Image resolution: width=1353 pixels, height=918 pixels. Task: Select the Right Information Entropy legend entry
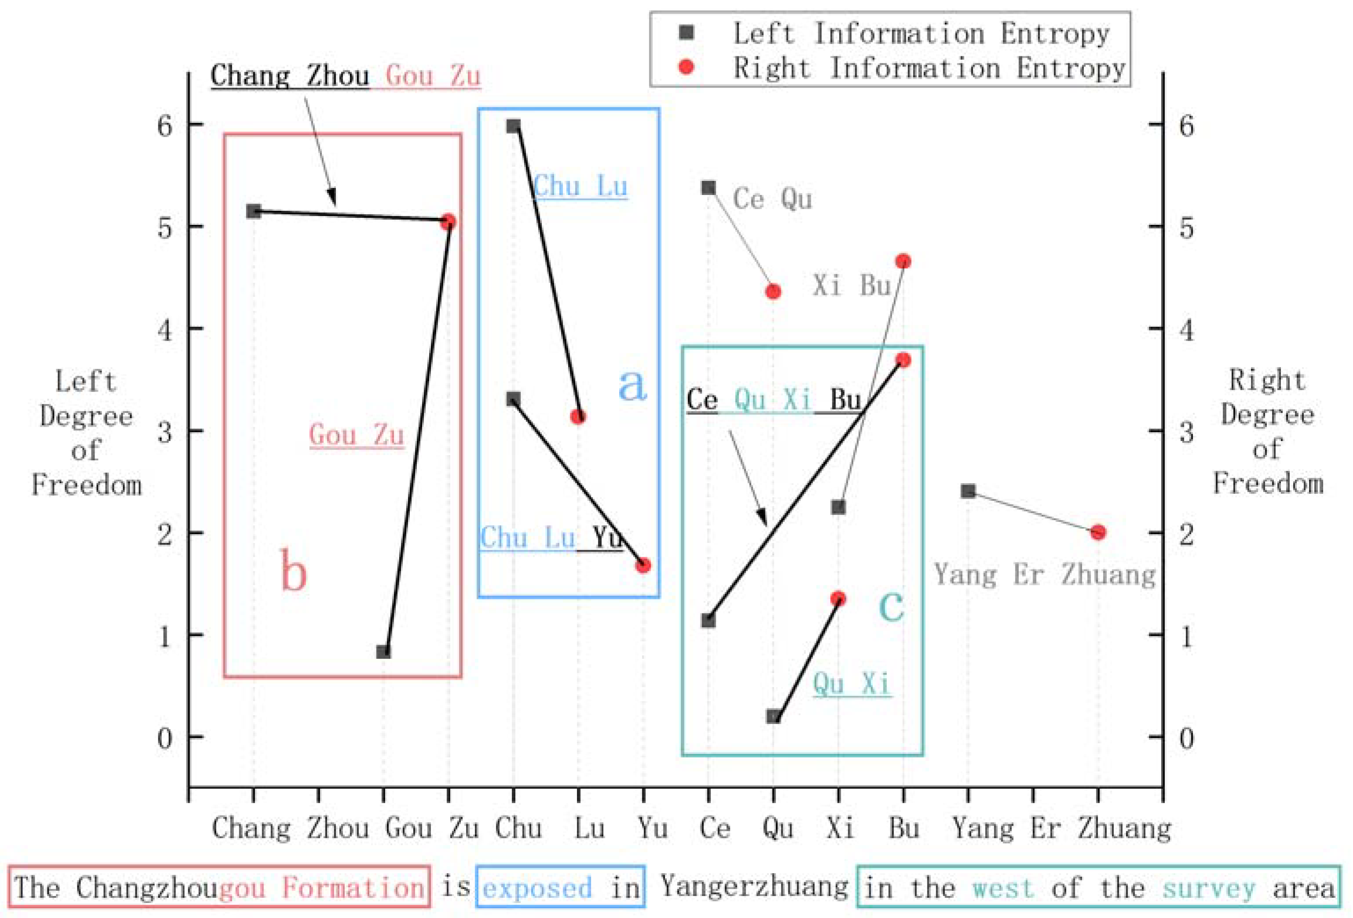(x=929, y=68)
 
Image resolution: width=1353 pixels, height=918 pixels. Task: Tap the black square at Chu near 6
(x=513, y=126)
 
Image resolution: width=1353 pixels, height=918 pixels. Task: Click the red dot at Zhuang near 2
(x=1098, y=532)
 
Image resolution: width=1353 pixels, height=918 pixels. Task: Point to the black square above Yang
(x=968, y=491)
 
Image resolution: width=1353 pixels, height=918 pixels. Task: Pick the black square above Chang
(x=253, y=211)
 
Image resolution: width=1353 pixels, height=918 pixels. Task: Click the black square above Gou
(x=383, y=652)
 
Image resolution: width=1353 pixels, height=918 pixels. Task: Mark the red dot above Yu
(x=643, y=565)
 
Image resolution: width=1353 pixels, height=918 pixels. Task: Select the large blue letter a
(x=632, y=385)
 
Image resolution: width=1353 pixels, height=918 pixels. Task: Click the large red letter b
(x=293, y=571)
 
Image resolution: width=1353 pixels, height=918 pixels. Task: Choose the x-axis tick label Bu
(x=903, y=828)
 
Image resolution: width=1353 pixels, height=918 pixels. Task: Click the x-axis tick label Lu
(x=589, y=828)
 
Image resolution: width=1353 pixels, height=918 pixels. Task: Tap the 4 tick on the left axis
(x=165, y=330)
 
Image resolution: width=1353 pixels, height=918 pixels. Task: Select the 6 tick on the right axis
(x=1186, y=126)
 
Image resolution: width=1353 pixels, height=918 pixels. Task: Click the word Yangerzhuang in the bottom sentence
(x=754, y=887)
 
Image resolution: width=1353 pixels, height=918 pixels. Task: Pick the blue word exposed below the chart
(x=537, y=888)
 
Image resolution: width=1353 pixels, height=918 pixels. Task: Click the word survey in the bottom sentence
(x=1208, y=888)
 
